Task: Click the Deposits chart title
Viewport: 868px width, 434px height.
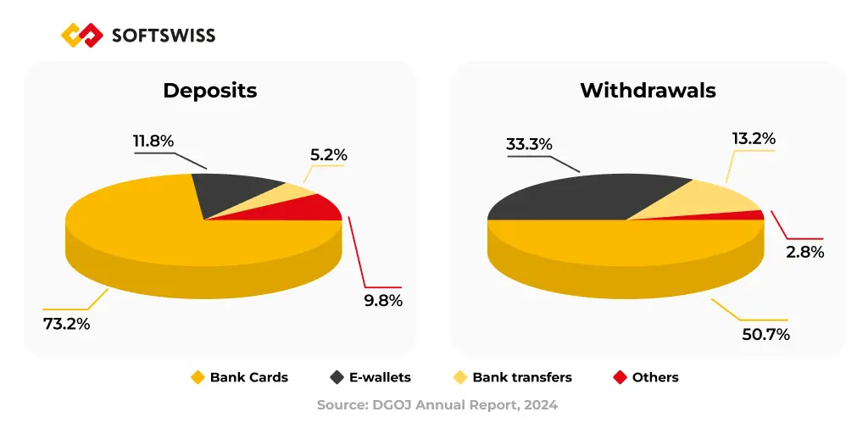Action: (209, 91)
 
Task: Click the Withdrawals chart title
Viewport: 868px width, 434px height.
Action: (648, 91)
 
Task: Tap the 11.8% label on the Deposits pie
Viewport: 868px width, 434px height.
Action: (153, 141)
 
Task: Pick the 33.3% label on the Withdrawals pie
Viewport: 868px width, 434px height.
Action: (529, 144)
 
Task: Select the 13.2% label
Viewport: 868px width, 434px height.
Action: (754, 138)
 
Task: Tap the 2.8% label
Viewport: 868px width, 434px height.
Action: (804, 252)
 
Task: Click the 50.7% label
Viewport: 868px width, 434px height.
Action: (765, 334)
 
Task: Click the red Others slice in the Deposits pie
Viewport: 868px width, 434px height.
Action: (318, 208)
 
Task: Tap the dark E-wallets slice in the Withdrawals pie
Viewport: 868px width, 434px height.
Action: (585, 195)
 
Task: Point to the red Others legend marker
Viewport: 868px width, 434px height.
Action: (619, 377)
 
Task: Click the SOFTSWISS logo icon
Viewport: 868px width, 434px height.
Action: (82, 35)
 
